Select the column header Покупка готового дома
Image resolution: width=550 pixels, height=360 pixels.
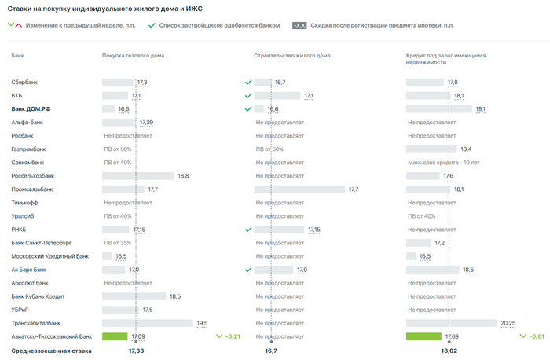[133, 56]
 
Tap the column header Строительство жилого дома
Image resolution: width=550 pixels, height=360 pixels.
[292, 56]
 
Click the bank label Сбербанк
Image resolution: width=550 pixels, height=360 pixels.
[25, 82]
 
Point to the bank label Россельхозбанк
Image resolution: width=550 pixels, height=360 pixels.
[33, 176]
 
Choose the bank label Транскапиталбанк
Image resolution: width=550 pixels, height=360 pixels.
[36, 323]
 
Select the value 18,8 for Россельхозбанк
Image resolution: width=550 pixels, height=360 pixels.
[183, 176]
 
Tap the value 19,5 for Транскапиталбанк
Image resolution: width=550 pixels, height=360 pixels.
[202, 323]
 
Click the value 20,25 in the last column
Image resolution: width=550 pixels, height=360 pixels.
[509, 323]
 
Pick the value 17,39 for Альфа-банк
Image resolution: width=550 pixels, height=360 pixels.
[146, 123]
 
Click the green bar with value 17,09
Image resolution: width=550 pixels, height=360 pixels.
[115, 336]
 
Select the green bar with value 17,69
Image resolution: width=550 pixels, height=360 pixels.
[423, 336]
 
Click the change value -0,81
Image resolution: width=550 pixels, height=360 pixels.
[537, 336]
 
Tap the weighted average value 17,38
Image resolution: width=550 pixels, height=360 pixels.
[136, 351]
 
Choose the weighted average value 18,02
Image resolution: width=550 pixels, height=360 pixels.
[449, 351]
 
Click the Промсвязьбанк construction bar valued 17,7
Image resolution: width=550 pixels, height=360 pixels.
[299, 189]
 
